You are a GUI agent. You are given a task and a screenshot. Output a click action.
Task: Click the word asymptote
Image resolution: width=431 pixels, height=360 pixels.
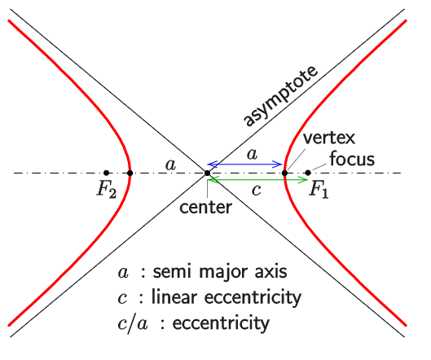[280, 96]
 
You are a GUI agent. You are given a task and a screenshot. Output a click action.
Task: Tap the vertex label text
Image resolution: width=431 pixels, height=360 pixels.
[329, 138]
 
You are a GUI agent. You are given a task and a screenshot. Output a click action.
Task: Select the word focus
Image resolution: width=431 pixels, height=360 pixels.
[352, 159]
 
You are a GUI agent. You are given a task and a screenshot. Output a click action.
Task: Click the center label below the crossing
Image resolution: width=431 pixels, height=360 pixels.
[206, 207]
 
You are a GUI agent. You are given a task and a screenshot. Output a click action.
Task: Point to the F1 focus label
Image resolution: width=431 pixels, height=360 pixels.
[319, 190]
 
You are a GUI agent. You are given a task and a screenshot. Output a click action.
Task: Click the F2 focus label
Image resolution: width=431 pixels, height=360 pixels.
[107, 190]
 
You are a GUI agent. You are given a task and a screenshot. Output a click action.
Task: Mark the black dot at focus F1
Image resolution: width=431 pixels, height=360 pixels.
[308, 173]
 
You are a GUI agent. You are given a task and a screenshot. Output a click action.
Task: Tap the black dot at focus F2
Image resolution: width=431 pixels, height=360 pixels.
[107, 173]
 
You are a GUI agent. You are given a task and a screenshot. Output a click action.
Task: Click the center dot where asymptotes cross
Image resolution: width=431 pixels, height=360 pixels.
[208, 173]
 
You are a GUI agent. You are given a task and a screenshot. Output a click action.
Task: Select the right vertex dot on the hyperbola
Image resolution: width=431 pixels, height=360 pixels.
[285, 173]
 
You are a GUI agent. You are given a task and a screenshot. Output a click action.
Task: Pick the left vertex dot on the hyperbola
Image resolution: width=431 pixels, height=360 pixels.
[130, 173]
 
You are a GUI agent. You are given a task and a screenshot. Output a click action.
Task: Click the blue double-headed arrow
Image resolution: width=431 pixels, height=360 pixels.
[245, 165]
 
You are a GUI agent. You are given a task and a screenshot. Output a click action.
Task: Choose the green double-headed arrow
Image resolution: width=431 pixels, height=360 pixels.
[257, 180]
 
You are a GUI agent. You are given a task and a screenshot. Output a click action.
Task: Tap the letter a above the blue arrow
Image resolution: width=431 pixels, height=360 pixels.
[253, 154]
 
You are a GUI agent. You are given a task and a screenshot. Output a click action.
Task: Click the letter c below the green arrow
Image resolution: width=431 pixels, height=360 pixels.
[256, 190]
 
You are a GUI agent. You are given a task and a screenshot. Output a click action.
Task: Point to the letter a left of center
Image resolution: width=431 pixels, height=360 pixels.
[170, 165]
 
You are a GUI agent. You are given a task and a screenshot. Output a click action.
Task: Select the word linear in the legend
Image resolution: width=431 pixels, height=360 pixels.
[174, 297]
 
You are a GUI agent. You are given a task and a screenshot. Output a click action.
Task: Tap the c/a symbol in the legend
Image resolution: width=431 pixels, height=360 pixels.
[133, 323]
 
